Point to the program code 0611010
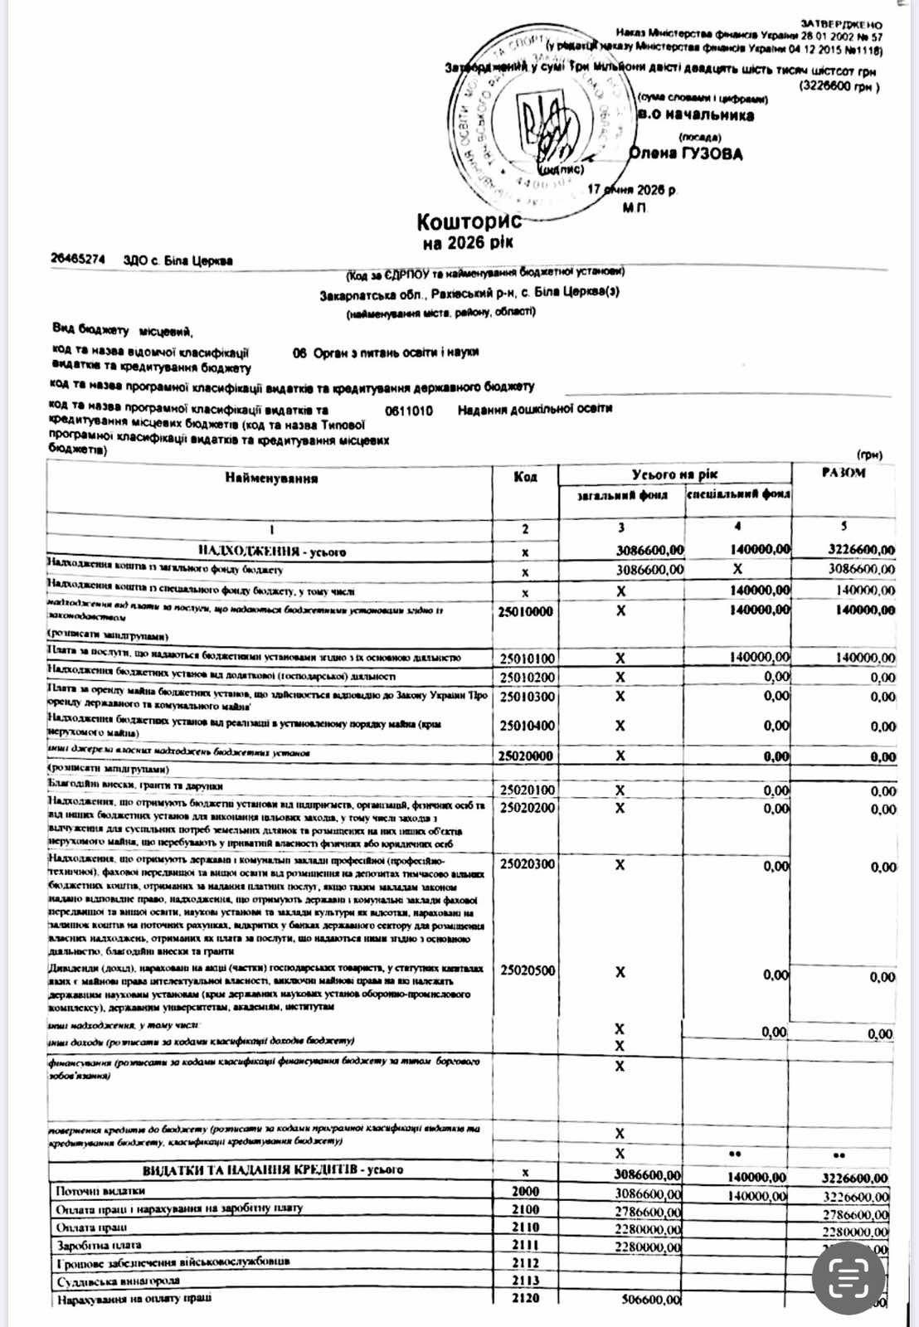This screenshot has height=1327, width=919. point(408,411)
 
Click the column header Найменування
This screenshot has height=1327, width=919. point(270,479)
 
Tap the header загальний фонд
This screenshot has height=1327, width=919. point(622,495)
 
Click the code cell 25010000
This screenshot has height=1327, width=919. point(526,612)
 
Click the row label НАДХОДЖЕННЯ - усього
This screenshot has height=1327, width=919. point(271,552)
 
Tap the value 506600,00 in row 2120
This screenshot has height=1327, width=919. point(650,1300)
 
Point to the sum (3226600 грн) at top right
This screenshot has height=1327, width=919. point(839,86)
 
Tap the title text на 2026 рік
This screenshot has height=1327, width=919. point(468,243)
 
